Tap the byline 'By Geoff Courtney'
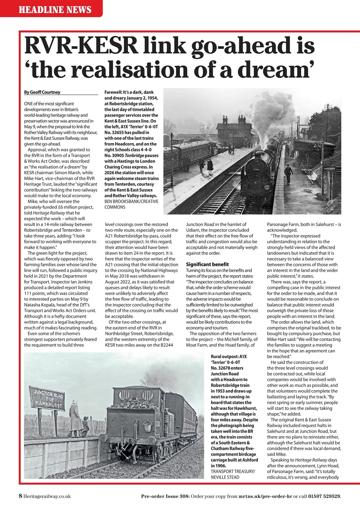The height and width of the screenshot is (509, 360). [43, 92]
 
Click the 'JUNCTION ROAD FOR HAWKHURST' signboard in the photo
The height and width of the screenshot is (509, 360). [47, 398]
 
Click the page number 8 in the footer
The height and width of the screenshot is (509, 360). [20, 496]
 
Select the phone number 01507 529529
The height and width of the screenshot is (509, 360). [323, 496]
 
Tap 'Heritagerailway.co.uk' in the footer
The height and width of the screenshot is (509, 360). [47, 496]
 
